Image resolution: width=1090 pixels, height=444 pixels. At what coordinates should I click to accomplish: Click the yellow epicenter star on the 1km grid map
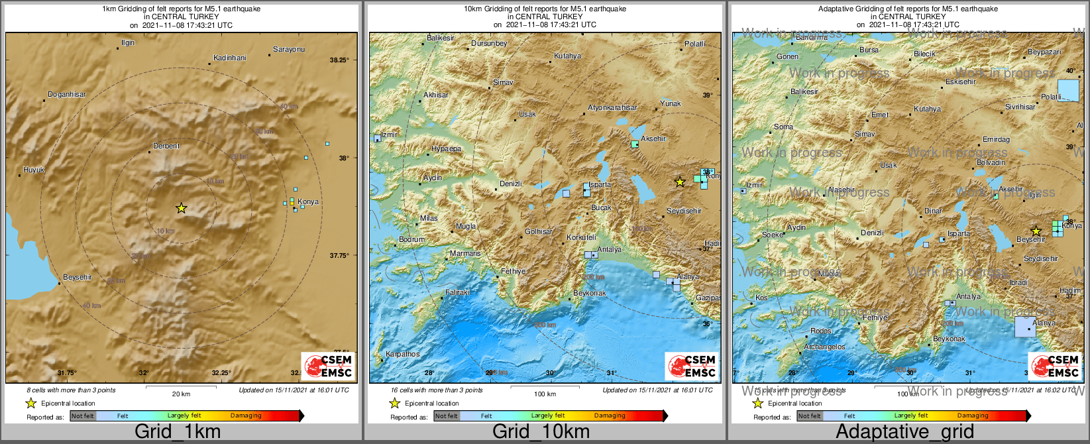pos(181,208)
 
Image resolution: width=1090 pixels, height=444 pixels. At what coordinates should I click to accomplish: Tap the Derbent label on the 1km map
pos(166,146)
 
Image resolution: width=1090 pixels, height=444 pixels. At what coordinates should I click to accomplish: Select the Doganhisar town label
pos(67,95)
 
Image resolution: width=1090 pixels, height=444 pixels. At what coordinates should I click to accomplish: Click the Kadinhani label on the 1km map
pos(230,58)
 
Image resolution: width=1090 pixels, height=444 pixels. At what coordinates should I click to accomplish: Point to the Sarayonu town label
pos(289,50)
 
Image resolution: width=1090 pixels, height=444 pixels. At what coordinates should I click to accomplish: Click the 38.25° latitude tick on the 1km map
pos(339,60)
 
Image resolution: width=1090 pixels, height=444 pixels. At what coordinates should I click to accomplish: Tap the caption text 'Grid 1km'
pos(178,431)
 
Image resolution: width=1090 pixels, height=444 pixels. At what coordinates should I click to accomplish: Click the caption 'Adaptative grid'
pos(904,431)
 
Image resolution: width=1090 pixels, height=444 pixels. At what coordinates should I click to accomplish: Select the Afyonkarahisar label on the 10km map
pos(612,108)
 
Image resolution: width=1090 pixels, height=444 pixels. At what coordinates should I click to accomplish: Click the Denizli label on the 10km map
pos(510,184)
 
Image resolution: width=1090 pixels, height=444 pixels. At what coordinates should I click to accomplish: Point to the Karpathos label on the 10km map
pos(403,354)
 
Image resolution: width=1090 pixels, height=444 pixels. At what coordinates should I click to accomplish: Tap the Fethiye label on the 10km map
pos(513,271)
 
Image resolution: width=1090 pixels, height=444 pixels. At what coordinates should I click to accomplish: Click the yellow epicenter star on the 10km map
pos(679,182)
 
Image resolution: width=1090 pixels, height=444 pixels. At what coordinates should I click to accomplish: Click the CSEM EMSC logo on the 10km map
pos(692,366)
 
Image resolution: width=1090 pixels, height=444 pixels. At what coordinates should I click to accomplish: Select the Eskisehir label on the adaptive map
pos(961,82)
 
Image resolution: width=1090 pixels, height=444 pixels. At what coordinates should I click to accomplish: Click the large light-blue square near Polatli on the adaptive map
pos(1068,89)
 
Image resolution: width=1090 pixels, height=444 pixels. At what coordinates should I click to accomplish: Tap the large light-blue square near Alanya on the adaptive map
pos(1025,327)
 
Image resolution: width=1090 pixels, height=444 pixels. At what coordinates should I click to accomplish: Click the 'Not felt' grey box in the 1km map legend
pos(83,416)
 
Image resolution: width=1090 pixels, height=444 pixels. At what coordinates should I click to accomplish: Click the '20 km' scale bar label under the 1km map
pos(181,394)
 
